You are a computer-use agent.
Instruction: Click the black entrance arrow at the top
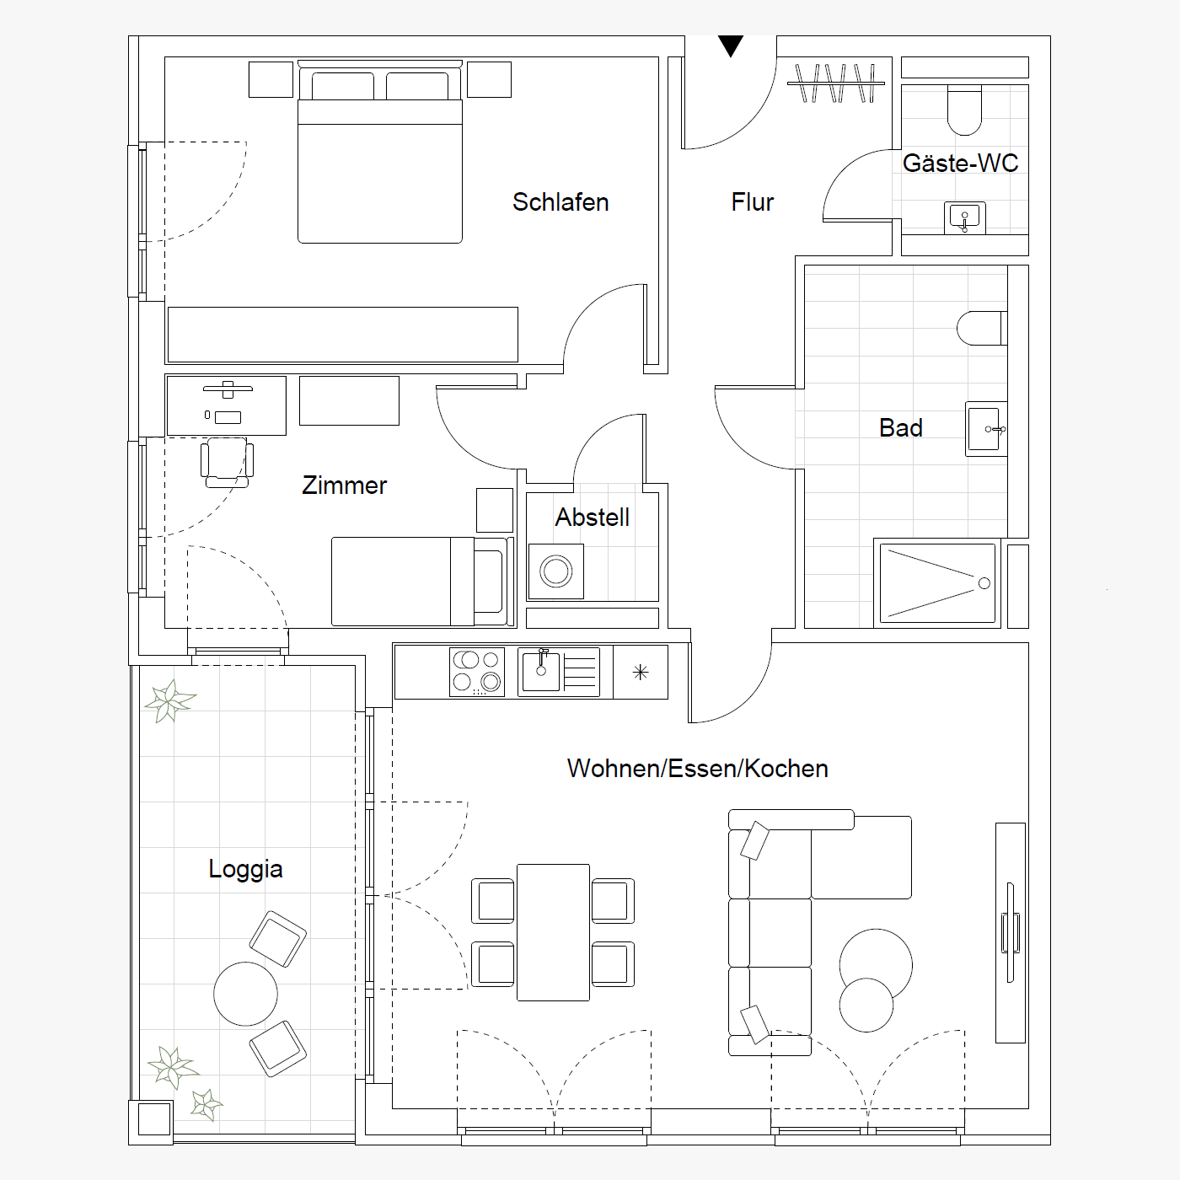(x=731, y=45)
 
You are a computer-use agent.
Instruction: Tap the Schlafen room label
(x=560, y=202)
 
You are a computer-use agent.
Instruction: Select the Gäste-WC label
(x=960, y=163)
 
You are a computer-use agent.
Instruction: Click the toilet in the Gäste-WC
(x=964, y=110)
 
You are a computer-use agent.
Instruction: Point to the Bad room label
(x=901, y=428)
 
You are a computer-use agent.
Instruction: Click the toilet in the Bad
(x=982, y=328)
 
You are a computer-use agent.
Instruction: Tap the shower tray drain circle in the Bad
(x=984, y=583)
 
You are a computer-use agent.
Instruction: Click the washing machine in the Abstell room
(x=556, y=571)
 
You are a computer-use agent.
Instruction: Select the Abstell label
(x=593, y=518)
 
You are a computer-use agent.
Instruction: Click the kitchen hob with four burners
(x=477, y=672)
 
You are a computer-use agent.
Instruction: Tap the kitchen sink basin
(x=541, y=671)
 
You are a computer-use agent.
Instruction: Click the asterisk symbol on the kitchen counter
(x=641, y=673)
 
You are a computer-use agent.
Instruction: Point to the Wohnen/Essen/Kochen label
(x=698, y=769)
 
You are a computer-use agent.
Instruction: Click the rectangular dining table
(x=553, y=932)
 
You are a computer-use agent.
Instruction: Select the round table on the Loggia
(x=245, y=994)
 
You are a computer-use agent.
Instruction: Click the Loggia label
(x=245, y=869)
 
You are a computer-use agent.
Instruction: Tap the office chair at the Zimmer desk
(x=228, y=463)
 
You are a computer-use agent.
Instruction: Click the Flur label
(x=753, y=202)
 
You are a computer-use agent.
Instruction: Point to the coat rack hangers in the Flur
(x=836, y=83)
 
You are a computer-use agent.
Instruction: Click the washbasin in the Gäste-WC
(x=964, y=217)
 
